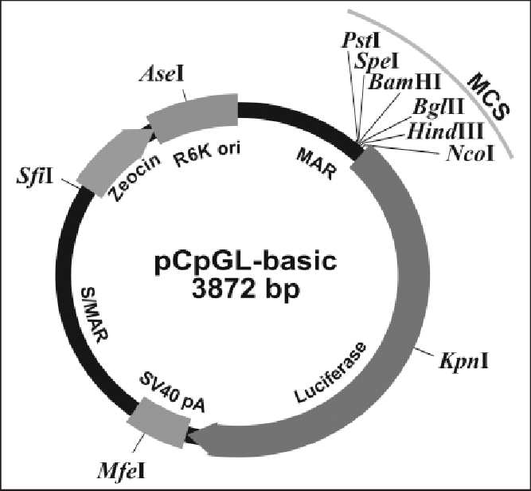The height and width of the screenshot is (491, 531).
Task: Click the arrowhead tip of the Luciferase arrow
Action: tap(194, 437)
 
